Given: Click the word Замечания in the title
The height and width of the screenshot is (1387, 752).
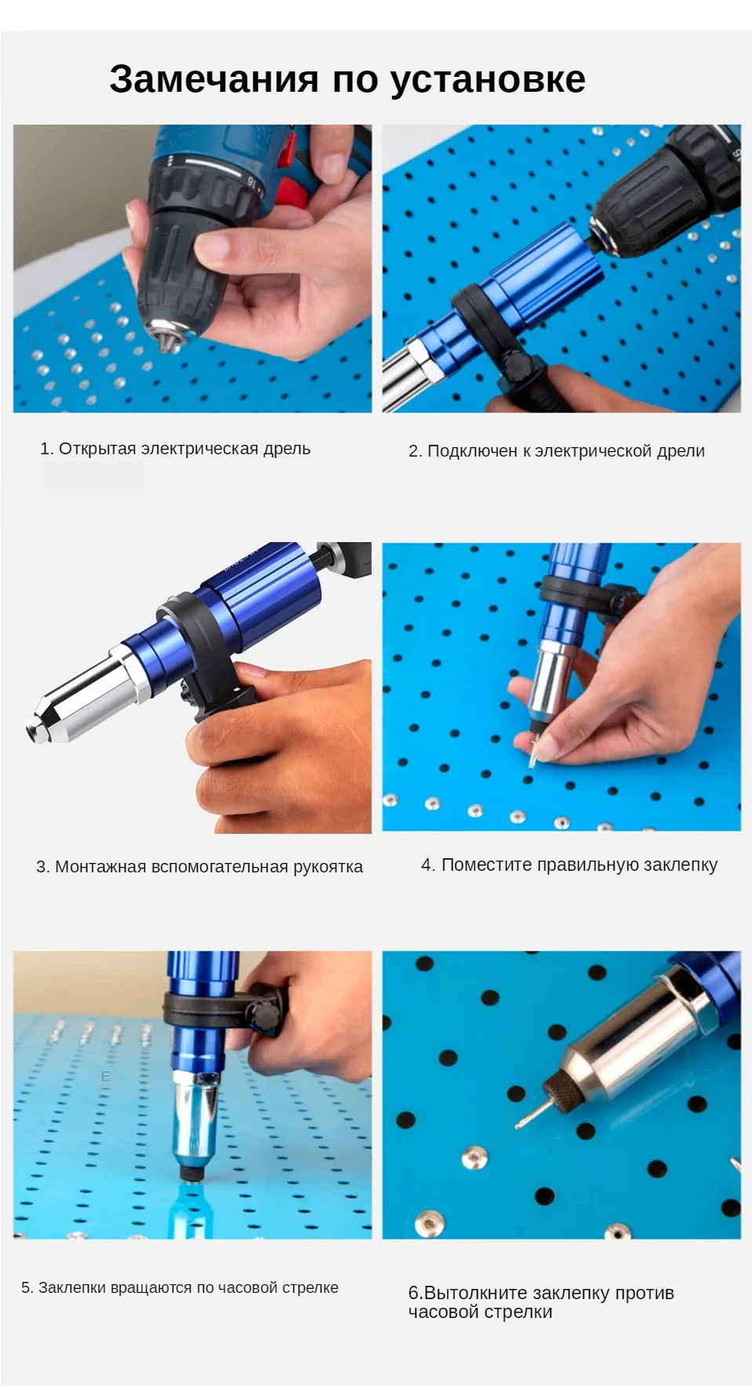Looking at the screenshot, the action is pyautogui.click(x=214, y=79).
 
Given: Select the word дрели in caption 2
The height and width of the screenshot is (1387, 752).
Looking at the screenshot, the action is pyautogui.click(x=681, y=452).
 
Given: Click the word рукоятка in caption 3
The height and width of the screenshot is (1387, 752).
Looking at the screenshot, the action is pyautogui.click(x=328, y=868).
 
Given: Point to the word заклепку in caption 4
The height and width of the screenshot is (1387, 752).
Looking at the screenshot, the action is pyautogui.click(x=681, y=865).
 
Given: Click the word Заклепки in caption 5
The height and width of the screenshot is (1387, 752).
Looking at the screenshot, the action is pyautogui.click(x=72, y=1288).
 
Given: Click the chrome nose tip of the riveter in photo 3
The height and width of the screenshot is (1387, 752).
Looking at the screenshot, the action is pyautogui.click(x=35, y=732).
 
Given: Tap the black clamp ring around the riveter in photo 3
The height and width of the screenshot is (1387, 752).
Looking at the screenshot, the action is pyautogui.click(x=188, y=651).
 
